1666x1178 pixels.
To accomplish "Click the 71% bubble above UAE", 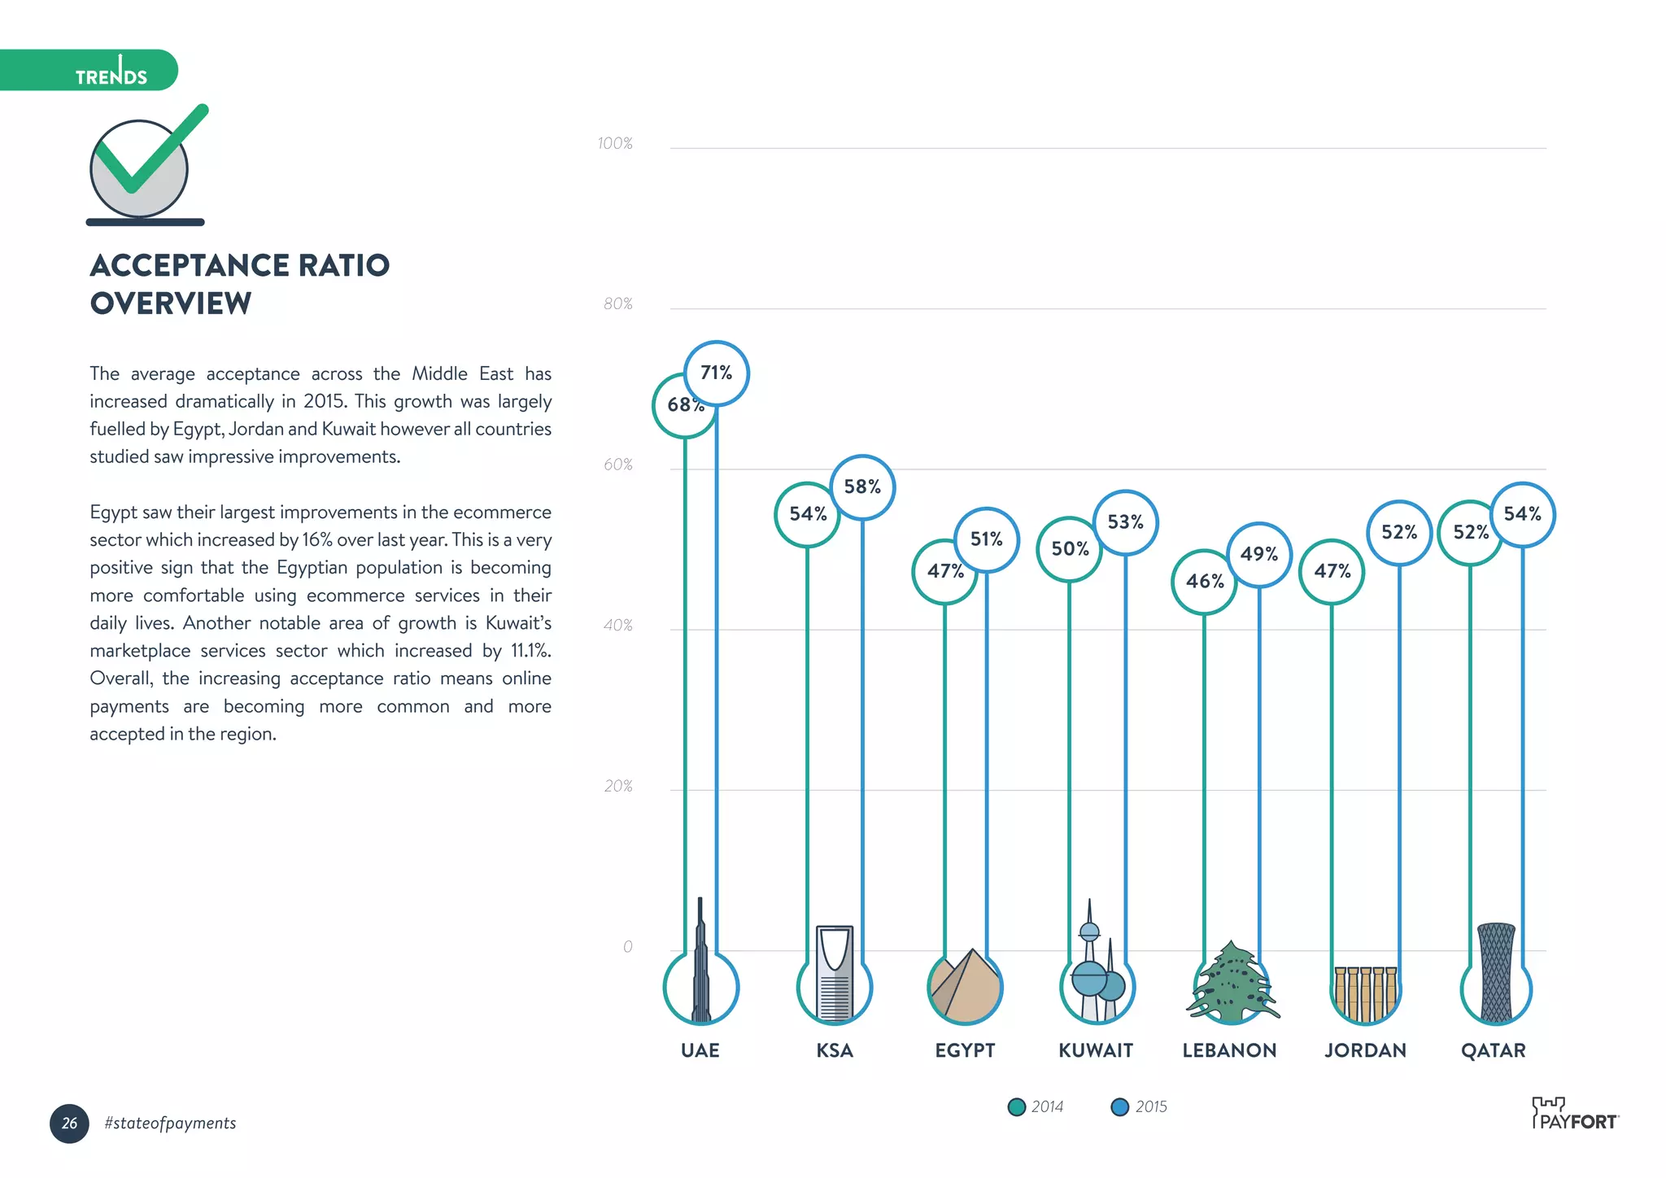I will click(716, 373).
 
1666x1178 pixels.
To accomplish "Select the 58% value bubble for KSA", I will click(862, 487).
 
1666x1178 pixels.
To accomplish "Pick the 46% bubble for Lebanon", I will click(1204, 582).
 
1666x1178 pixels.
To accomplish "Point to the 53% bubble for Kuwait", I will click(1125, 522).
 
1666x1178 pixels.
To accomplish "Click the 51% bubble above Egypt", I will click(986, 539).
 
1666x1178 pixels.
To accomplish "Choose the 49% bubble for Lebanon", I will click(1258, 555).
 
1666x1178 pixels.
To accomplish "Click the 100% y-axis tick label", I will click(615, 144).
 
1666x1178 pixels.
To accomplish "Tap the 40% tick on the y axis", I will click(617, 626).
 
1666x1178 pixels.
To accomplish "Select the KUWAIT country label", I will click(1095, 1051).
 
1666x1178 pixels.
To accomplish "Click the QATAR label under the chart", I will click(1493, 1051).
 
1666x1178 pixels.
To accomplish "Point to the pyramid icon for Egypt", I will click(965, 986).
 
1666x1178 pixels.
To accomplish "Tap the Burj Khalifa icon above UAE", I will click(700, 968).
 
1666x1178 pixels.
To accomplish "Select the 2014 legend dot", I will click(1016, 1107).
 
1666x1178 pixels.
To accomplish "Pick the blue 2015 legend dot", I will click(1120, 1107).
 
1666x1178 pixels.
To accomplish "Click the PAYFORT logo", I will click(1575, 1115).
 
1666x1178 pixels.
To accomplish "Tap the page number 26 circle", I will click(69, 1123).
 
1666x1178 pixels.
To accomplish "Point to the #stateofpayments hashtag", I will click(170, 1123).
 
